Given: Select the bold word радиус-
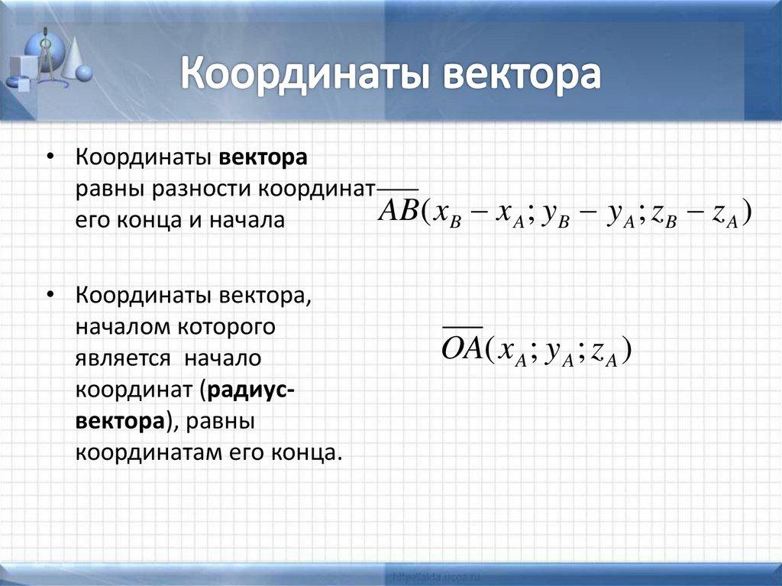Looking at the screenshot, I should click(x=253, y=388).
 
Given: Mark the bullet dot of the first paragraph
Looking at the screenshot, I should click(x=50, y=159).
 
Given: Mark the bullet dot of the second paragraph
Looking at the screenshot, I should click(x=50, y=296).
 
